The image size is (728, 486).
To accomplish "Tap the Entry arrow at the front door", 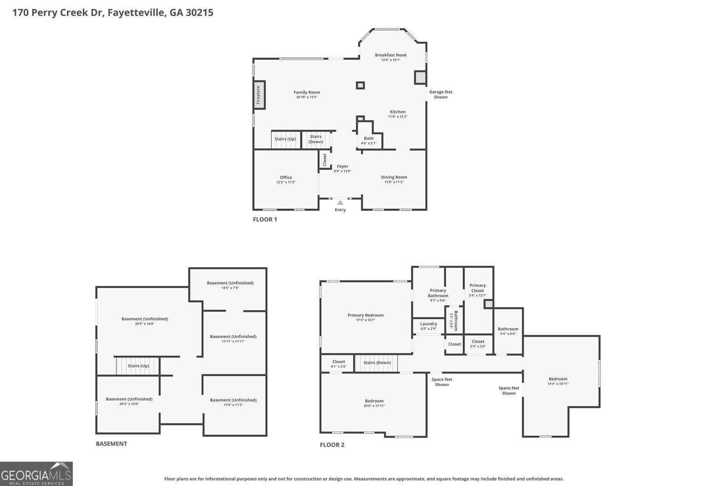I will coord(340,202).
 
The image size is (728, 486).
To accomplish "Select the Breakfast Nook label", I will coord(390,55).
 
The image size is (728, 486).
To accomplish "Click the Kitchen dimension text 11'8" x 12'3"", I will coord(397,117).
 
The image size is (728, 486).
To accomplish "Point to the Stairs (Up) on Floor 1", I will coord(285,139).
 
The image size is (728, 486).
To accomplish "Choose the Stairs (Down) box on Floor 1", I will coord(316,139).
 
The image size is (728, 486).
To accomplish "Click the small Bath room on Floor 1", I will coord(369,140).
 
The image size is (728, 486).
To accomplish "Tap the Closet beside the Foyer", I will coord(324,159).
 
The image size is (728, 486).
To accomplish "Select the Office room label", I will coord(286,178).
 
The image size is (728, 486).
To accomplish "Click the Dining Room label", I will coord(394,177).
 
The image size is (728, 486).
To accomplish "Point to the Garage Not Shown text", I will coord(440,94).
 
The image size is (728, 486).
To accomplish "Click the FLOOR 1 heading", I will coord(265,220).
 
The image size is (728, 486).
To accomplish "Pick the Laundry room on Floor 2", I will coord(428,326).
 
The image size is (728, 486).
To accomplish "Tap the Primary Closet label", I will coord(478,288).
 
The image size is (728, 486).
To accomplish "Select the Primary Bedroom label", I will coord(365,315).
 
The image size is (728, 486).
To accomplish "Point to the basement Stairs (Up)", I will coord(138,366).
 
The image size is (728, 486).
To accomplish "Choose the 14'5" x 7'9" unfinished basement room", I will coord(230,285).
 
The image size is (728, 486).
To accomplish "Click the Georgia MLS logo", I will coord(36,474).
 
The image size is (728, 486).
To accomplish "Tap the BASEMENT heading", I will coord(111,444).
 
